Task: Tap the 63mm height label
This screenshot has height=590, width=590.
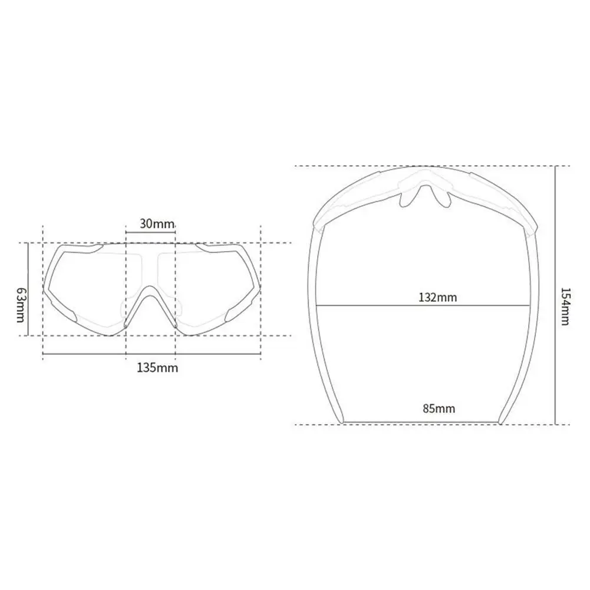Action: point(20,305)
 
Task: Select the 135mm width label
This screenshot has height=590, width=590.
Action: point(157,368)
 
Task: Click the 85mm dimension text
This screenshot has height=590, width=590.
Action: point(439,408)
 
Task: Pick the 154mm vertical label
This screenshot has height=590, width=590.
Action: point(565,306)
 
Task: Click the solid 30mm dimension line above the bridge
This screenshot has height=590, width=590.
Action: point(150,233)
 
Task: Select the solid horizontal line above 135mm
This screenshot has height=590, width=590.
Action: point(151,354)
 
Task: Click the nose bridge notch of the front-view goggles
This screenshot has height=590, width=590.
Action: point(151,295)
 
